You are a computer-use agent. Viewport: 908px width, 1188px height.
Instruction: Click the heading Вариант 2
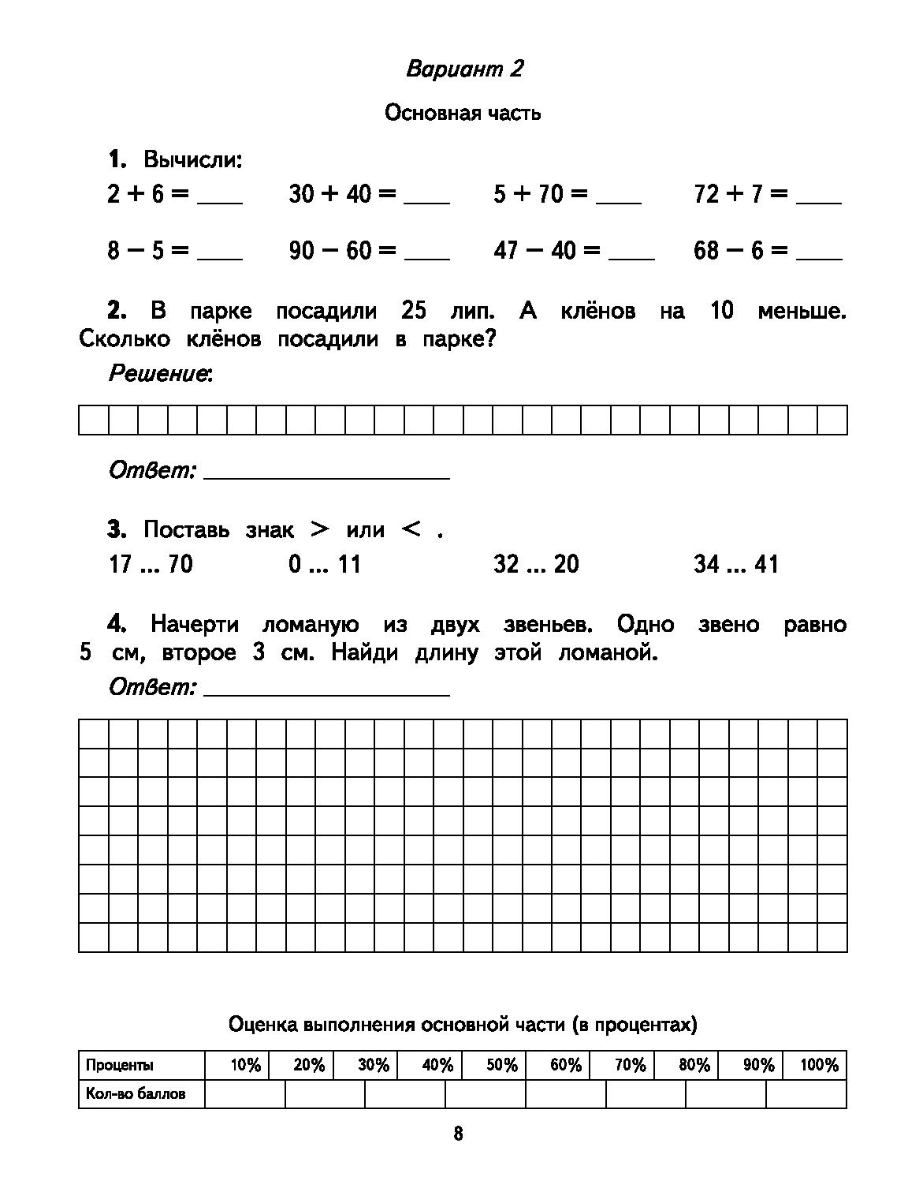[464, 69]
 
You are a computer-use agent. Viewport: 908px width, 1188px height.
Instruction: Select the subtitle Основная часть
[463, 113]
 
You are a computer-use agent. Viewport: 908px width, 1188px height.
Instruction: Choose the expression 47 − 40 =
[546, 251]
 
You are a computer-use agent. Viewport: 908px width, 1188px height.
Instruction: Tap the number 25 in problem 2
[413, 311]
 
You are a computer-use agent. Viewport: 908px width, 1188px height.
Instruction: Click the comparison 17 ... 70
[150, 564]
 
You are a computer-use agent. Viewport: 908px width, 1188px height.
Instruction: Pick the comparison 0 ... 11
[324, 564]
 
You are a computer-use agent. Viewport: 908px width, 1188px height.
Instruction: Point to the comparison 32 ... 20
[536, 564]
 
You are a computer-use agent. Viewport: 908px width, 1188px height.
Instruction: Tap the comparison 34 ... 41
[736, 564]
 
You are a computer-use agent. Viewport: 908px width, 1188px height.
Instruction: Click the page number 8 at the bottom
[459, 1134]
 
